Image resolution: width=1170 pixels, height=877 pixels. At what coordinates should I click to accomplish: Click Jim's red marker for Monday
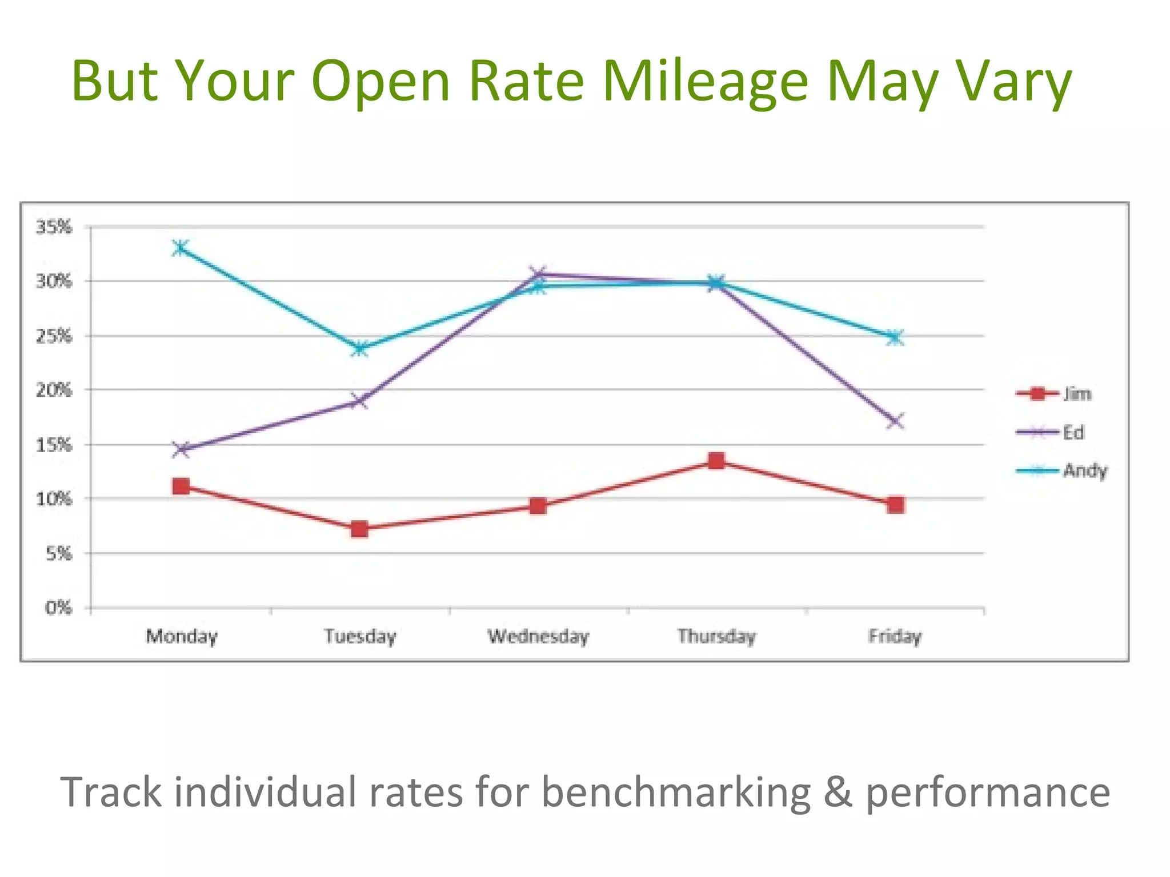(181, 486)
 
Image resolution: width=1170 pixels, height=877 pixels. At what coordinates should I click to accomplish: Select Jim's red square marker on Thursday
(716, 461)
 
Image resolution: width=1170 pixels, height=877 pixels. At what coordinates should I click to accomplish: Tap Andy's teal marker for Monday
(181, 248)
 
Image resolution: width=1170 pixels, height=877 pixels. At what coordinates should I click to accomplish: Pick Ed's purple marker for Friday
(895, 421)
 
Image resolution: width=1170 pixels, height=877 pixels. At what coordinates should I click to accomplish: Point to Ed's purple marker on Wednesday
(538, 274)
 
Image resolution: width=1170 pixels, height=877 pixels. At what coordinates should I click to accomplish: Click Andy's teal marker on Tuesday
(359, 348)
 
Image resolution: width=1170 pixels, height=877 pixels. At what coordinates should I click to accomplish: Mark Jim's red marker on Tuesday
(359, 529)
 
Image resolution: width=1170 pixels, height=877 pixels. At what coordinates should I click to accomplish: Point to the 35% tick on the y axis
(54, 227)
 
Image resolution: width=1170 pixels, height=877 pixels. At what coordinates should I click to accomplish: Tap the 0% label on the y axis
(59, 608)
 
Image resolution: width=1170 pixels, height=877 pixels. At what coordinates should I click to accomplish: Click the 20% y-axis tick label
(54, 391)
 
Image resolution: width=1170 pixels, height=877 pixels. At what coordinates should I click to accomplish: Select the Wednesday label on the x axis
(538, 636)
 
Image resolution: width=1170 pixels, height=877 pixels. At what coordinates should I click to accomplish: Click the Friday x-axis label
(895, 636)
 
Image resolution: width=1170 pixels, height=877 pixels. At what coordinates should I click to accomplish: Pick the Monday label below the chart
(182, 636)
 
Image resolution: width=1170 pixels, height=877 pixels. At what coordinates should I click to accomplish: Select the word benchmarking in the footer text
(675, 792)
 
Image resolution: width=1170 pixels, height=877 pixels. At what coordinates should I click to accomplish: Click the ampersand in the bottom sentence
(838, 792)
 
